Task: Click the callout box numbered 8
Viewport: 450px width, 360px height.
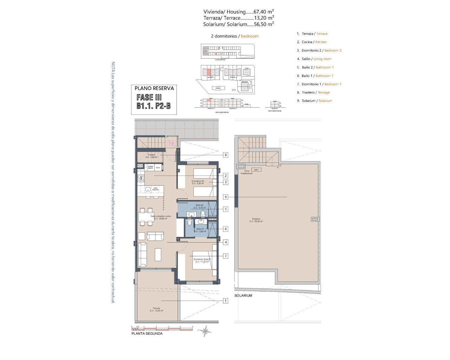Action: coord(226,155)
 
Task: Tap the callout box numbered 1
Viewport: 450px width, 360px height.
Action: coord(226,301)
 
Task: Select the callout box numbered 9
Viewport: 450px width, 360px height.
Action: coord(226,197)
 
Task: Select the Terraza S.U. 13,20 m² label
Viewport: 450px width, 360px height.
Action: coord(156,309)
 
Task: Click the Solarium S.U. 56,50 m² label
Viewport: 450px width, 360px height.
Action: coord(256,220)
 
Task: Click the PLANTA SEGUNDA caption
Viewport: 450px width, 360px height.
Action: coord(147,334)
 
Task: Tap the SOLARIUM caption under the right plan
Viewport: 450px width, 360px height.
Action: coord(243,296)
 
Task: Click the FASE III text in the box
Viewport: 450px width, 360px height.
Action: coord(149,97)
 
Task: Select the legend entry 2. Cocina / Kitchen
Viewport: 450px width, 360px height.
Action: coord(311,42)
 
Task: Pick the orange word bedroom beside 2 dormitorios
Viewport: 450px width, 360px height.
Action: coord(250,36)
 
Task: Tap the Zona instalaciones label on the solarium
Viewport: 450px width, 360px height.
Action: coord(246,172)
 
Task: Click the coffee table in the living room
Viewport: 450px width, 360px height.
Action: coord(158,254)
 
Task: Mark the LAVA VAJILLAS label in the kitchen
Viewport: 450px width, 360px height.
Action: coord(155,189)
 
